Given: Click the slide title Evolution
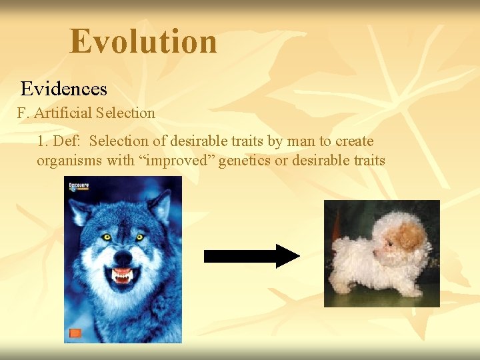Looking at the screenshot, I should (143, 41).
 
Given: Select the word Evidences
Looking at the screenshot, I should (63, 89).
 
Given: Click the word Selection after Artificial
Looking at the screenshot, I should (125, 113).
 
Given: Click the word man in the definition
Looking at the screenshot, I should (299, 141).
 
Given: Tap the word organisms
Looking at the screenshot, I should (67, 161).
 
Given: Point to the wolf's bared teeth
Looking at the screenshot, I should (121, 275).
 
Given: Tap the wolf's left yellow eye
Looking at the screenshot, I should (106, 236).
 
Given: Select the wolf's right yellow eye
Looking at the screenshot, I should (139, 237).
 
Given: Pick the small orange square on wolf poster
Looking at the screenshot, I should (75, 333).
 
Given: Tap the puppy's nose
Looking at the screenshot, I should (375, 253).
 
